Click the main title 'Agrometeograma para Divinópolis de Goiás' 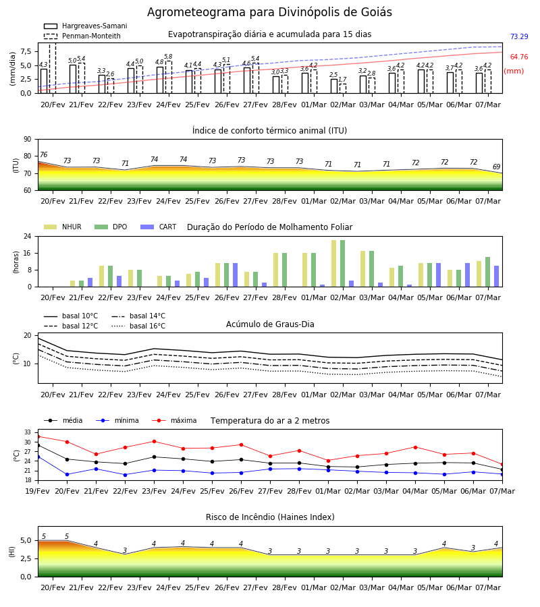[269, 12]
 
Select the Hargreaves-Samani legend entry [86, 26]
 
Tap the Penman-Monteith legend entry [82, 36]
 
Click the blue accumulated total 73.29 [519, 37]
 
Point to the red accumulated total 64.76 [519, 57]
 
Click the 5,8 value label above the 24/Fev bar [168, 57]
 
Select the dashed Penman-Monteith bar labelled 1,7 [343, 88]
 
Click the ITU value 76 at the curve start [43, 154]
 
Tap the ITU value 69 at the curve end [496, 167]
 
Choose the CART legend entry [159, 227]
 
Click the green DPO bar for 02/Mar [342, 264]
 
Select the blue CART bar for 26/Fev [235, 275]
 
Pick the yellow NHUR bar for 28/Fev [276, 270]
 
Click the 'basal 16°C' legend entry [138, 326]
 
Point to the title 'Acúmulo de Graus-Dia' [270, 324]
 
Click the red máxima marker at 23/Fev [154, 441]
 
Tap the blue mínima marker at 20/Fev [67, 474]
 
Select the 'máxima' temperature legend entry [174, 420]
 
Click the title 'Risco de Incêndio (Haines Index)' [270, 517]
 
